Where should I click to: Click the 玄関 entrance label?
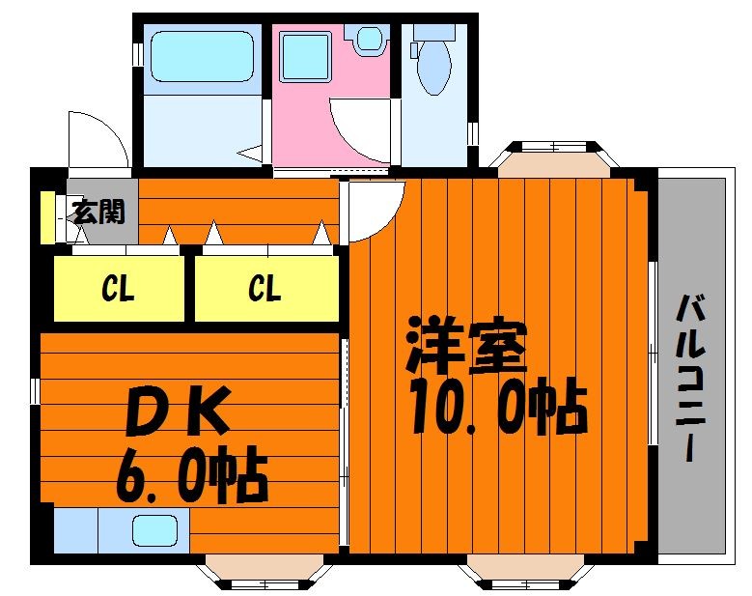click(x=99, y=212)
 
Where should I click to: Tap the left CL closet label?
click(x=118, y=288)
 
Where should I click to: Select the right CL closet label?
click(x=265, y=288)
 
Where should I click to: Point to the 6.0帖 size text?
click(x=191, y=474)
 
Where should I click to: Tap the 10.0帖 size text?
click(x=498, y=406)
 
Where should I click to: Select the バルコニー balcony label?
click(x=690, y=378)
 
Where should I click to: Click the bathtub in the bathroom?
click(x=202, y=56)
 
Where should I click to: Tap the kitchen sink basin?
click(x=154, y=530)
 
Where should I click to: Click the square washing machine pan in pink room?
click(x=306, y=56)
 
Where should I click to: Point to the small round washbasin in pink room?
click(x=370, y=38)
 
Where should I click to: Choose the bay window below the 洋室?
click(x=526, y=572)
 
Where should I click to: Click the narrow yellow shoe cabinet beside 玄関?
click(x=46, y=217)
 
